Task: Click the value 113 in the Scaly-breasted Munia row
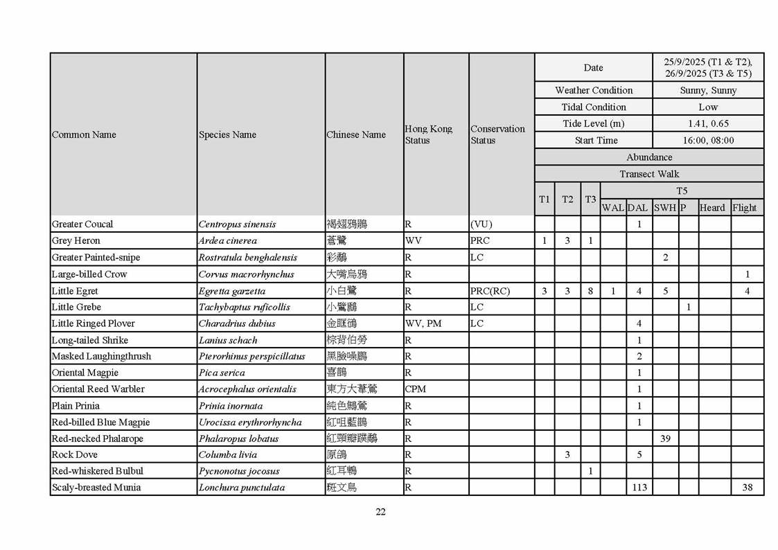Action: (x=639, y=488)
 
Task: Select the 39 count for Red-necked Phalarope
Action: (x=665, y=438)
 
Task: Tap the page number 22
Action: (x=380, y=512)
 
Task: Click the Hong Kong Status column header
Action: (x=428, y=134)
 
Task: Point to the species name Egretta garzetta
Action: (x=231, y=291)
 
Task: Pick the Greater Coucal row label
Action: (x=82, y=224)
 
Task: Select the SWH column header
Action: (x=665, y=208)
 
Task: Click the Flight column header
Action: (x=745, y=208)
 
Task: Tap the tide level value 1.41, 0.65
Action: (x=708, y=124)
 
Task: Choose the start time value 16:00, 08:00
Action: (x=708, y=141)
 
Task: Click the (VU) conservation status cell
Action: (x=481, y=224)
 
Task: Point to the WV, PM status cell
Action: (x=423, y=323)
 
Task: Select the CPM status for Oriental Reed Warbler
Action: (x=416, y=389)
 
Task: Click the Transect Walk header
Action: (x=649, y=174)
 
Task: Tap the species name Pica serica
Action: (x=222, y=373)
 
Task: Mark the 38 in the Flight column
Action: (x=747, y=488)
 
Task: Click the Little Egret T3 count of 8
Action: (x=590, y=291)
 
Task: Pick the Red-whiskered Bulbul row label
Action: (x=96, y=471)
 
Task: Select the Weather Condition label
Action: (x=594, y=90)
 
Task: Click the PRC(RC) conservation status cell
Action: (x=490, y=291)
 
